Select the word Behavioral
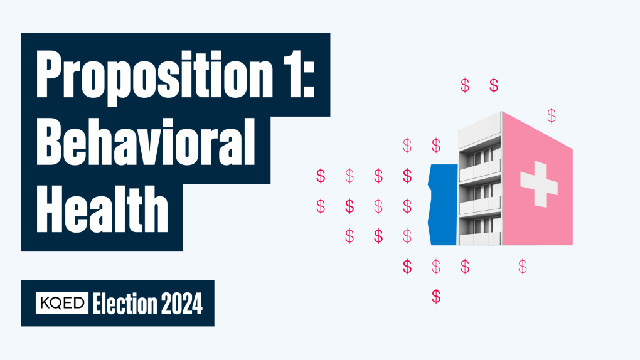pyautogui.click(x=146, y=142)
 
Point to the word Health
pyautogui.click(x=102, y=209)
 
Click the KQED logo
pyautogui.click(x=61, y=303)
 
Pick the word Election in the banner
pyautogui.click(x=124, y=304)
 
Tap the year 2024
pyautogui.click(x=181, y=304)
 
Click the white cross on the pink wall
pyautogui.click(x=539, y=184)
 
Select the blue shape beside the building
pyautogui.click(x=443, y=204)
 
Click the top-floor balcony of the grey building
pyautogui.click(x=480, y=171)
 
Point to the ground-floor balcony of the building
pyautogui.click(x=480, y=238)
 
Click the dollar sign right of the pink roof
pyautogui.click(x=552, y=116)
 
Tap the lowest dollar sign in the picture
pyautogui.click(x=436, y=296)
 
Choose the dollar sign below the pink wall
pyautogui.click(x=523, y=267)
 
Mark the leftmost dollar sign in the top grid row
pyautogui.click(x=321, y=176)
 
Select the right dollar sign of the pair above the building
pyautogui.click(x=494, y=85)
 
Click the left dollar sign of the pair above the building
pyautogui.click(x=465, y=85)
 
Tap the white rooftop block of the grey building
pyautogui.click(x=480, y=130)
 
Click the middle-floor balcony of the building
pyautogui.click(x=480, y=205)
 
